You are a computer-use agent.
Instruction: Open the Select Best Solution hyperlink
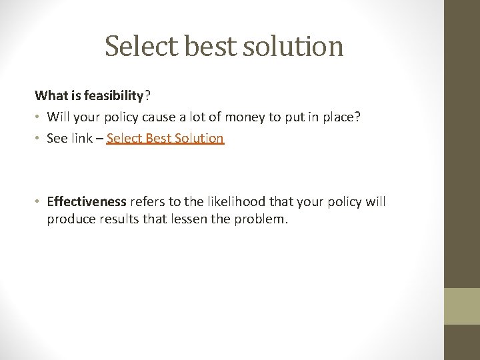[165, 139]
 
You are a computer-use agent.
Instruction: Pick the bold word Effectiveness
[87, 202]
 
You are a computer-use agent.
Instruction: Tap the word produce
[68, 219]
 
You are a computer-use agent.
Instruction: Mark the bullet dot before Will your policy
[38, 117]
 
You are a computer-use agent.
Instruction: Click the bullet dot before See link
[38, 139]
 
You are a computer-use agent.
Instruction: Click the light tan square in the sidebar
[462, 306]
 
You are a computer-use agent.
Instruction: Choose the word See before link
[57, 139]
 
